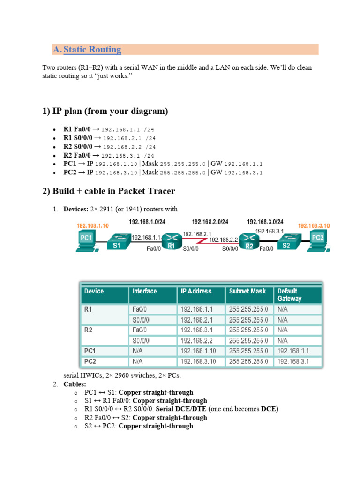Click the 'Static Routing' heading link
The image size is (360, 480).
coord(92,50)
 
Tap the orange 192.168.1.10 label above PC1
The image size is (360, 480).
coord(93,225)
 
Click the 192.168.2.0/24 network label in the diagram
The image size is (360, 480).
coord(210,221)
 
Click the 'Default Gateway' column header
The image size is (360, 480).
coord(290,295)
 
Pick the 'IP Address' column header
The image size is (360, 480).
coord(196,291)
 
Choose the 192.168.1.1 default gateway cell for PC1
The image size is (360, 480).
coord(293,351)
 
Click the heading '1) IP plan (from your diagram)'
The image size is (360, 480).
coord(105,111)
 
